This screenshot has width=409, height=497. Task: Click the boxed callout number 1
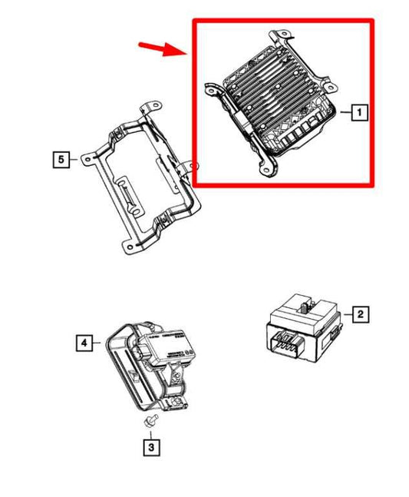click(358, 114)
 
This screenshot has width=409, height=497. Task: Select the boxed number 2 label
click(358, 314)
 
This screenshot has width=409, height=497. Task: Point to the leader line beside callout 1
click(345, 114)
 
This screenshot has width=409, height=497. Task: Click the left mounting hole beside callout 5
click(86, 159)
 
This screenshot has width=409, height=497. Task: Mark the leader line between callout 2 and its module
click(342, 314)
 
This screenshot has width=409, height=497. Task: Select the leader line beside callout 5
click(74, 160)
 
